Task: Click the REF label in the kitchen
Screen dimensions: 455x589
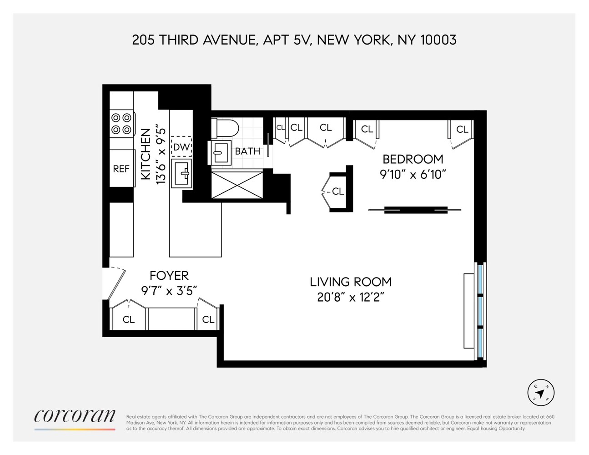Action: [x=121, y=169]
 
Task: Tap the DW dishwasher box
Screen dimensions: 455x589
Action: [x=181, y=147]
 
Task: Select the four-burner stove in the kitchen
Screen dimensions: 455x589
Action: [x=121, y=124]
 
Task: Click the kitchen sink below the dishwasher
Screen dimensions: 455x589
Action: [x=181, y=173]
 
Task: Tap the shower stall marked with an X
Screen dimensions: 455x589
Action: [x=237, y=185]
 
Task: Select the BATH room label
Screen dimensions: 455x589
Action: [x=247, y=151]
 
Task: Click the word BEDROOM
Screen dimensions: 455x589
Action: [x=413, y=159]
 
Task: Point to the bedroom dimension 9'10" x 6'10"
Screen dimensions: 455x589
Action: [x=413, y=174]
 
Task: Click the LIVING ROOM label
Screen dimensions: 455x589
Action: [x=351, y=282]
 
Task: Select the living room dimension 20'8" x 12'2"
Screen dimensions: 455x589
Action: [x=351, y=298]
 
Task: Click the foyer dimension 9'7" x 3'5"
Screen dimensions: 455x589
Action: [x=169, y=290]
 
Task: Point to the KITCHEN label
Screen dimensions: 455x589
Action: [x=146, y=154]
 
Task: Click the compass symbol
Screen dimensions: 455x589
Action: [x=541, y=392]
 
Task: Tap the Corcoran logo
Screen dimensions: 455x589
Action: [x=75, y=416]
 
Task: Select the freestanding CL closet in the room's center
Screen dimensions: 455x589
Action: [x=337, y=192]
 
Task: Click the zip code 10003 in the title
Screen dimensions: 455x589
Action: [x=438, y=40]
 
